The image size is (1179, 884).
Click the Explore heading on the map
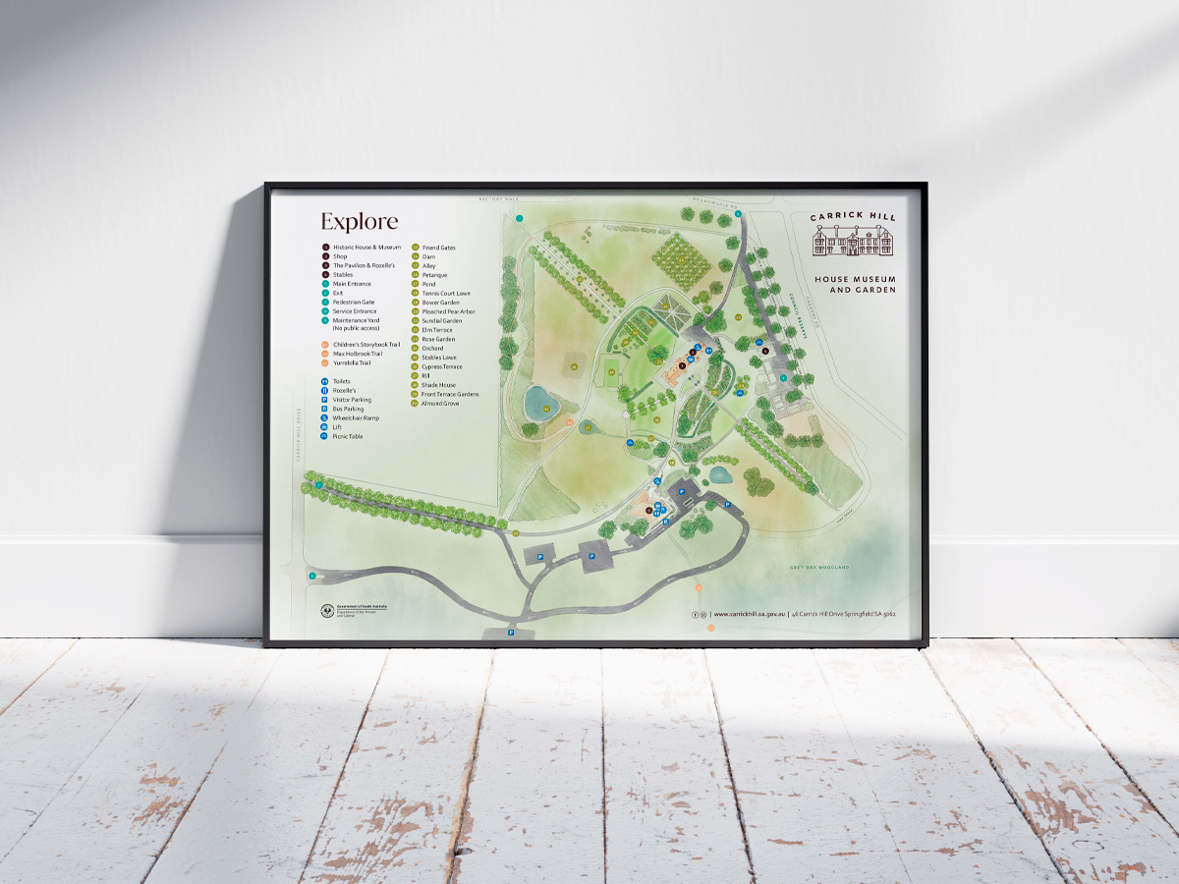coord(359,221)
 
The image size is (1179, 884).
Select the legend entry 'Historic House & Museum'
coord(366,248)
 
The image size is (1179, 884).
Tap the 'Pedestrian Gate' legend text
coord(354,303)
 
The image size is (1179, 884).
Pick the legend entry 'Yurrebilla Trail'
coord(352,362)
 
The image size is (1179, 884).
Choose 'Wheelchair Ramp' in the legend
coord(356,417)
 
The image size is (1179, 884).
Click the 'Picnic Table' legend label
coord(348,436)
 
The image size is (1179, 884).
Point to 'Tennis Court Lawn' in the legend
coord(446,293)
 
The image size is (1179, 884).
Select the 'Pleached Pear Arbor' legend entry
coord(448,311)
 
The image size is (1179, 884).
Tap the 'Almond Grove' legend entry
coord(440,403)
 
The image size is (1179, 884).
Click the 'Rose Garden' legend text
coord(438,339)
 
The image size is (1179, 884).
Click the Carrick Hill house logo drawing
coord(853,240)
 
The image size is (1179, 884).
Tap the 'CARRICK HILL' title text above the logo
coord(853,217)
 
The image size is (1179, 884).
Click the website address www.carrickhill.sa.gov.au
coord(749,614)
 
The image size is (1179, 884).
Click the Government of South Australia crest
coord(327,610)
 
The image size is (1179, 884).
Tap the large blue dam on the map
coord(538,402)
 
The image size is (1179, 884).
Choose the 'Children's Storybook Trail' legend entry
coord(366,345)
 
